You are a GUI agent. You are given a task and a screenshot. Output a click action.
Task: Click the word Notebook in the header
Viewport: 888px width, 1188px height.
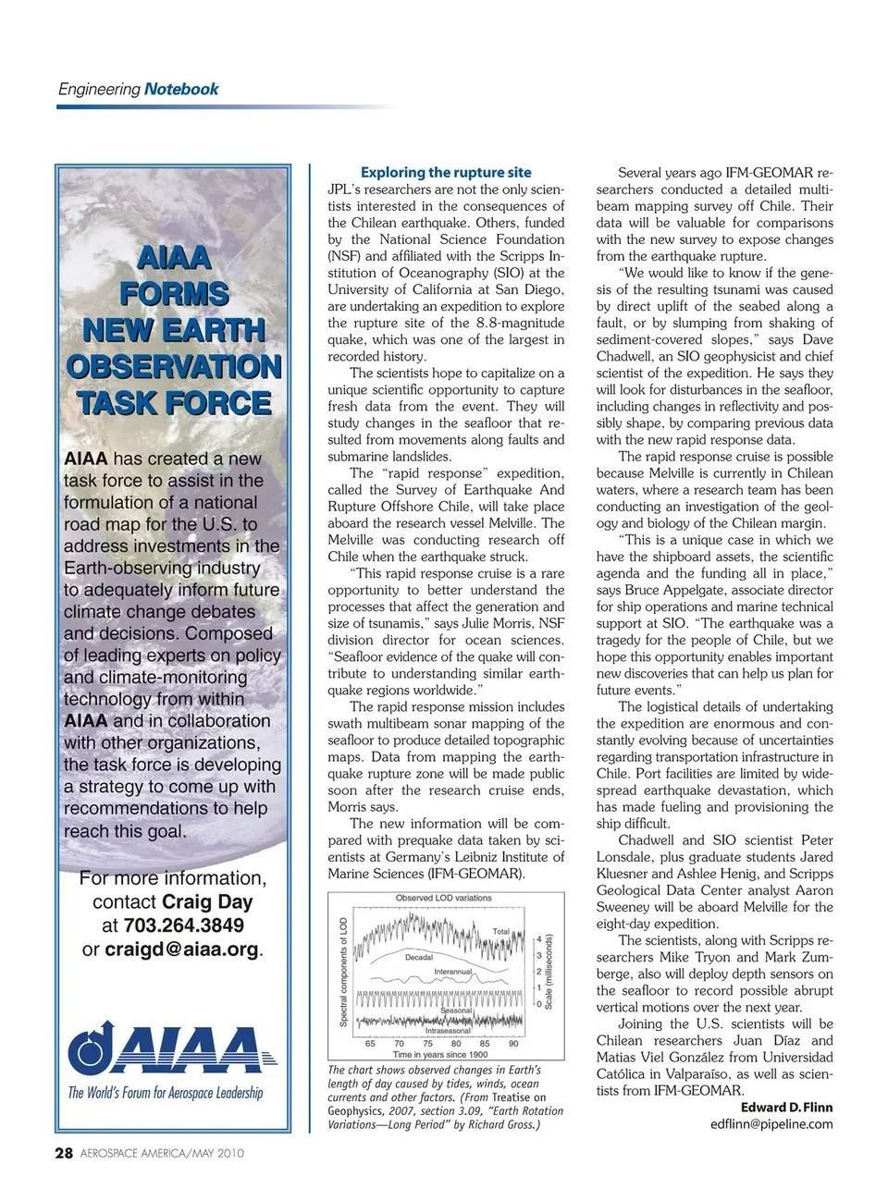point(181,90)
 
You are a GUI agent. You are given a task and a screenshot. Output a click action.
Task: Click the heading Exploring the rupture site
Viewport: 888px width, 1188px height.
point(446,172)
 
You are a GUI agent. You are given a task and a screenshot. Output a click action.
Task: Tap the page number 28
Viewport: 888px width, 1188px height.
point(64,1153)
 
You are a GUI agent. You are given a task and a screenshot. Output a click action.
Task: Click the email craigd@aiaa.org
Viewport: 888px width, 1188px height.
point(182,949)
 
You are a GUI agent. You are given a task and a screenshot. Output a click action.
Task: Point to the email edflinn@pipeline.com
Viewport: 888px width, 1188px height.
point(771,1124)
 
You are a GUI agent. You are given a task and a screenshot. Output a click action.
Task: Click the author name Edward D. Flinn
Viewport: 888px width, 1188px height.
point(786,1108)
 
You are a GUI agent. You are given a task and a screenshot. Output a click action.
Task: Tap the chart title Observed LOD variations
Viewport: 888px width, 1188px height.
point(444,898)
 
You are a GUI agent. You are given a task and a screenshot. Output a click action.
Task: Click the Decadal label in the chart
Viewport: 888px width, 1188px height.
point(419,958)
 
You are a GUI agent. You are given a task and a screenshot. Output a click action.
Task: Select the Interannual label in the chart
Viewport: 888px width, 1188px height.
point(453,973)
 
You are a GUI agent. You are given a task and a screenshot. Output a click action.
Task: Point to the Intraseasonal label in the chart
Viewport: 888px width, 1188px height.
point(448,1031)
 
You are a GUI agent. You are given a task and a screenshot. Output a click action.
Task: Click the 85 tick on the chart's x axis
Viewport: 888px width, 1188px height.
point(485,1044)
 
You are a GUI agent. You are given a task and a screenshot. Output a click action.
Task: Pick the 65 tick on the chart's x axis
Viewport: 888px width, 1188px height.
point(371,1044)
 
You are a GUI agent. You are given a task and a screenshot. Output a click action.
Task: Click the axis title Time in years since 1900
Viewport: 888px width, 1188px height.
point(440,1055)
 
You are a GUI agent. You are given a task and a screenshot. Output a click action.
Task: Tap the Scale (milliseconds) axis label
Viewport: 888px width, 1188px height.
point(549,972)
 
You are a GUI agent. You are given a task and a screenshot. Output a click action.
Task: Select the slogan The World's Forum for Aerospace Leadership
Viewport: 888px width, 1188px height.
point(166,1093)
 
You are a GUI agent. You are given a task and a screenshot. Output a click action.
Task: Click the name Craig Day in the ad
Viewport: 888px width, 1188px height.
point(207,902)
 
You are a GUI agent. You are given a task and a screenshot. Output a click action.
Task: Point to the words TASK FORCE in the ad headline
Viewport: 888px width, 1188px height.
point(174,403)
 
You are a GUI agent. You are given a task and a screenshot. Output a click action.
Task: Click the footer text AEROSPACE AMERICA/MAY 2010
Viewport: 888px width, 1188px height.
point(163,1154)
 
